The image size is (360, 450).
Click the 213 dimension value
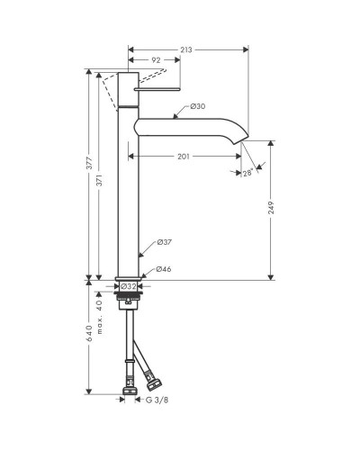(x=186, y=49)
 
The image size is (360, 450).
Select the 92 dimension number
(x=156, y=60)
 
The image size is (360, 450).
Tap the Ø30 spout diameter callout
(x=198, y=106)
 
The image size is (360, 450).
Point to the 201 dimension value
(x=184, y=157)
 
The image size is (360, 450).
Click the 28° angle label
(x=247, y=173)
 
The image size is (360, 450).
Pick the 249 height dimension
(x=271, y=208)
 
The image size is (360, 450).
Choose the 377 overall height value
(x=89, y=163)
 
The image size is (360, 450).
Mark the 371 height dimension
(x=99, y=180)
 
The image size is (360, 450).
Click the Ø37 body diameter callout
(x=165, y=242)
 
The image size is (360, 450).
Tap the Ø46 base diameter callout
(x=164, y=269)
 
